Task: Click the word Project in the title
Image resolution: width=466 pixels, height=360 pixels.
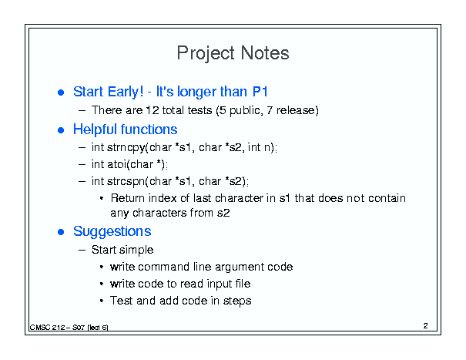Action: coord(206,53)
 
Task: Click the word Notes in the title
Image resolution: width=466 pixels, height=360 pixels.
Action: coord(265,53)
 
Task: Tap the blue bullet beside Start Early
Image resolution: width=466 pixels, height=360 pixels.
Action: coord(61,93)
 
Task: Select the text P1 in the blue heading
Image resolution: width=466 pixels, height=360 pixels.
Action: coord(260,91)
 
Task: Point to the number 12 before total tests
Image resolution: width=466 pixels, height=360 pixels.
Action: coord(153,110)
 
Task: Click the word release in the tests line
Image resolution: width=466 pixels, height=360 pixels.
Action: coord(296,110)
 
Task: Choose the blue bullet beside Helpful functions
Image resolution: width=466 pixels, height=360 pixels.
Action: coord(61,130)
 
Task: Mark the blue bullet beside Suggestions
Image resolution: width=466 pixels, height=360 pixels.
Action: coord(61,232)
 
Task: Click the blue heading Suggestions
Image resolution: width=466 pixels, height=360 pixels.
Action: coord(112,231)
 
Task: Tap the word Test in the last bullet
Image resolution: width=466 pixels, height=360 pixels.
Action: coord(121,301)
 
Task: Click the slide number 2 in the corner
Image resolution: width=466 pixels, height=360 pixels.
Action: coord(426,326)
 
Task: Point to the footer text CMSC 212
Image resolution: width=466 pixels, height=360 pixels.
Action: coord(47,328)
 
